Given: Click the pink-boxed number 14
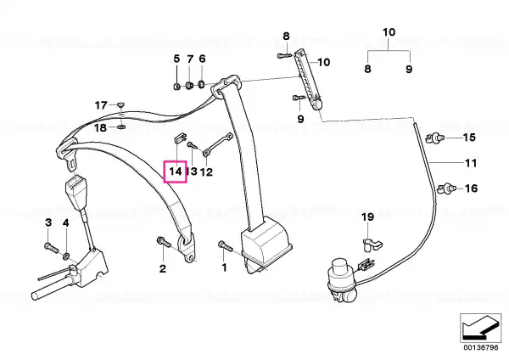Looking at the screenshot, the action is point(176,172).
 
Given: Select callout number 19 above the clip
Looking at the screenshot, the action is point(368,217).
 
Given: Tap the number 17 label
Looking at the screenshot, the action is point(101,105).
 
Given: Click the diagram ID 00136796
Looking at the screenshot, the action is point(481,347).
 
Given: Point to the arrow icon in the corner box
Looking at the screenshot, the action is point(480,328).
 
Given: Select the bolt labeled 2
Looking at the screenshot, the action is point(164,242).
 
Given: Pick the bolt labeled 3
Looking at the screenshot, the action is point(51,248).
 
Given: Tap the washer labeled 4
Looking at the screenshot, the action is point(66,256).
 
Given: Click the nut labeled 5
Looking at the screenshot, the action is point(176,87).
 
